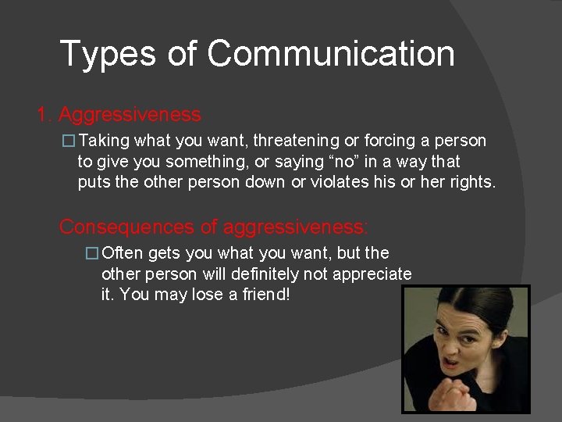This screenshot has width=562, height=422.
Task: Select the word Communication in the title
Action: click(x=331, y=54)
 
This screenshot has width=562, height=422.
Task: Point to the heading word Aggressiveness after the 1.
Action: click(x=130, y=115)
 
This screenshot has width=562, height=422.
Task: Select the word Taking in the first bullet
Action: click(x=105, y=141)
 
